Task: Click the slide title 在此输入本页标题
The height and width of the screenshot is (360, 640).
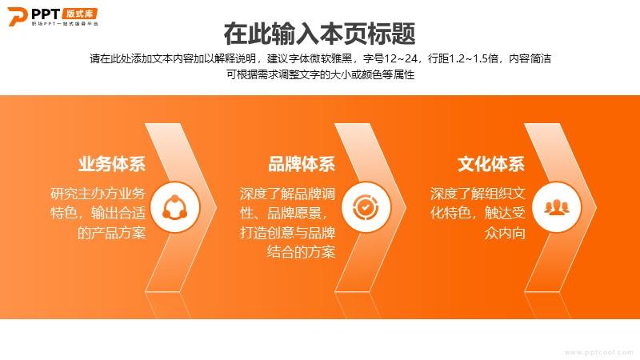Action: click(x=319, y=34)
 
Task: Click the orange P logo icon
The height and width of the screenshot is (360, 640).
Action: click(x=17, y=16)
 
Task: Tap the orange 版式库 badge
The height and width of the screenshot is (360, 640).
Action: click(x=80, y=14)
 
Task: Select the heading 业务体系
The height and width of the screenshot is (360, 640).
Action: click(x=112, y=164)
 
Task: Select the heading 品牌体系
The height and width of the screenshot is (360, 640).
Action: click(x=302, y=164)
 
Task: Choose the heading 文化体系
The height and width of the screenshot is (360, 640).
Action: click(x=491, y=164)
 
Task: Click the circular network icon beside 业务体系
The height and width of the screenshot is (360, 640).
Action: click(x=175, y=207)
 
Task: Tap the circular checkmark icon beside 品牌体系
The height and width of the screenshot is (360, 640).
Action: click(x=366, y=207)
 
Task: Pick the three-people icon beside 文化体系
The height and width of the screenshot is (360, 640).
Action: click(x=556, y=207)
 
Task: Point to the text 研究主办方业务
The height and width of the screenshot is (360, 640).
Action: click(x=98, y=193)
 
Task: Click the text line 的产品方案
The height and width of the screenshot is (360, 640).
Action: click(x=111, y=233)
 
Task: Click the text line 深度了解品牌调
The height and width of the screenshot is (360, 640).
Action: click(x=287, y=194)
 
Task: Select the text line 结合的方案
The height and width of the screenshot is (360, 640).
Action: click(x=302, y=252)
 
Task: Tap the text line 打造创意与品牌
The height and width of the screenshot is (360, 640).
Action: click(x=287, y=233)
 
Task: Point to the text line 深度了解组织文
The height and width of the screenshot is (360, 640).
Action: click(x=478, y=194)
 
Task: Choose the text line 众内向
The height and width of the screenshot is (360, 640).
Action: click(x=505, y=233)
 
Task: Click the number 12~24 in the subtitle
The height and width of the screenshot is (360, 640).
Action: click(x=401, y=58)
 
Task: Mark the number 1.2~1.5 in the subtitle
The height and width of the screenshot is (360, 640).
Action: click(x=474, y=58)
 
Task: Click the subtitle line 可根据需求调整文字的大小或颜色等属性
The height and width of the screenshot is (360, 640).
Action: click(x=321, y=74)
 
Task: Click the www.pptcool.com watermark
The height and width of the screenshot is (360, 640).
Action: click(x=598, y=352)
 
